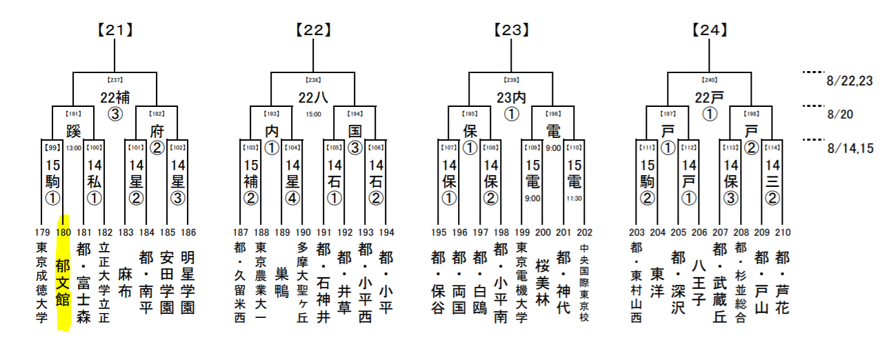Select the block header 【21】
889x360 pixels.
tap(114, 30)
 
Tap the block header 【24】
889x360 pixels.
tap(709, 30)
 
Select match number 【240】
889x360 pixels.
tap(709, 80)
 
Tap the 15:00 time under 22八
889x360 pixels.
tap(313, 114)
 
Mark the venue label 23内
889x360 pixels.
tap(511, 97)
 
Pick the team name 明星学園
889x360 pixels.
tap(188, 282)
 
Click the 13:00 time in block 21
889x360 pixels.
tap(74, 148)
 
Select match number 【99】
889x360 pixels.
tap(53, 148)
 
